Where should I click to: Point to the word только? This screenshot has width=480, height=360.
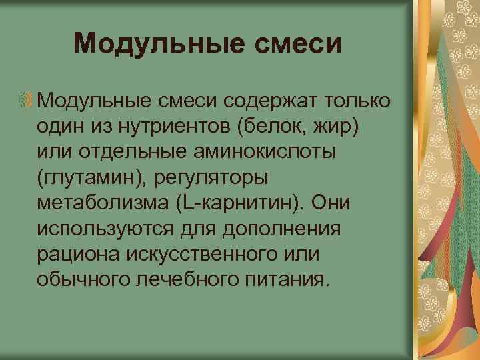coord(357,100)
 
